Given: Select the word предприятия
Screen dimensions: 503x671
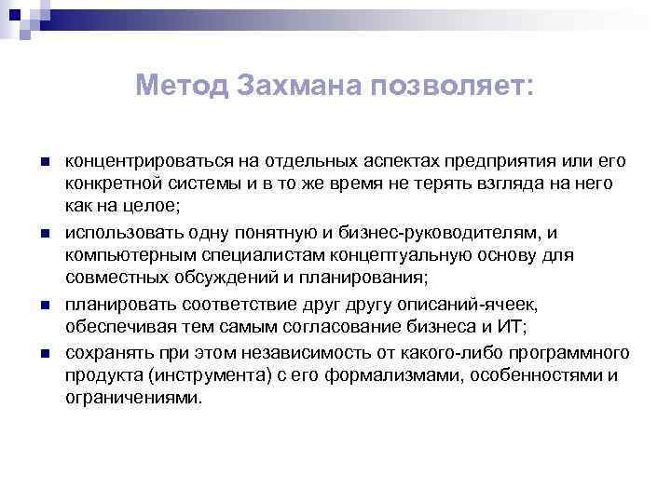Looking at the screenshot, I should (x=499, y=162).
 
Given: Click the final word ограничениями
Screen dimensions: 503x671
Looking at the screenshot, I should (x=132, y=398).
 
